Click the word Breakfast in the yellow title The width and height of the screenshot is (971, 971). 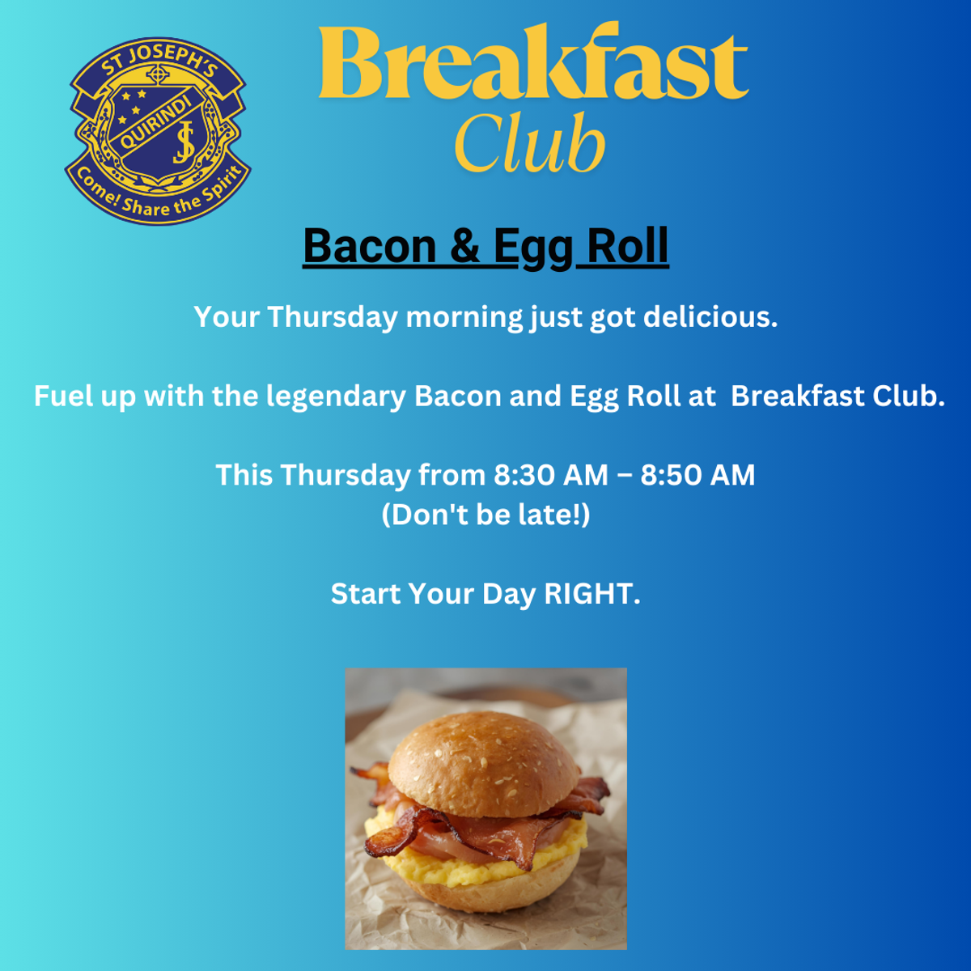[x=533, y=61]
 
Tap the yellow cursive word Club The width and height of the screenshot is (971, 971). [x=529, y=142]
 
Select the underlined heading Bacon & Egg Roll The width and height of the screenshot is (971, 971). [x=485, y=247]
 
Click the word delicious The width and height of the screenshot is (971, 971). [x=710, y=316]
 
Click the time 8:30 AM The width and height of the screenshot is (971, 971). [x=551, y=475]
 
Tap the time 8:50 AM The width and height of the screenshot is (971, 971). [x=698, y=475]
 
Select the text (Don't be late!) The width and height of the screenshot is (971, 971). [x=485, y=515]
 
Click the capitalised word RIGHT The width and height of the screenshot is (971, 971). [x=592, y=594]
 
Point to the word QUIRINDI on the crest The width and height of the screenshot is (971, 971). [x=156, y=124]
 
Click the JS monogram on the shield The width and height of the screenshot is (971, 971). [x=184, y=142]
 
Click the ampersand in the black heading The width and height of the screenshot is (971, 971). [x=464, y=247]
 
